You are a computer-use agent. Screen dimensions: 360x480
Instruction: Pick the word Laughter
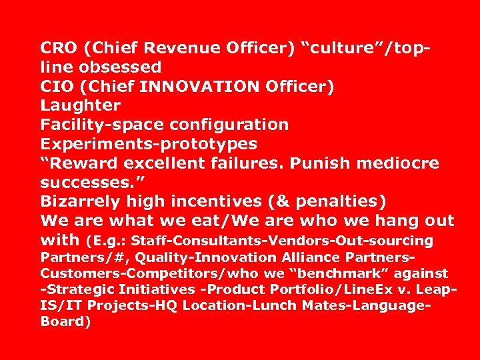80,105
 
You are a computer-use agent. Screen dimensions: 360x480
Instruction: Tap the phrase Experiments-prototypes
149,144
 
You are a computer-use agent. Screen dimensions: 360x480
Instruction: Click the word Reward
84,163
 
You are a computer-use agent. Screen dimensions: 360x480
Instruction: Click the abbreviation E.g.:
107,241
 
